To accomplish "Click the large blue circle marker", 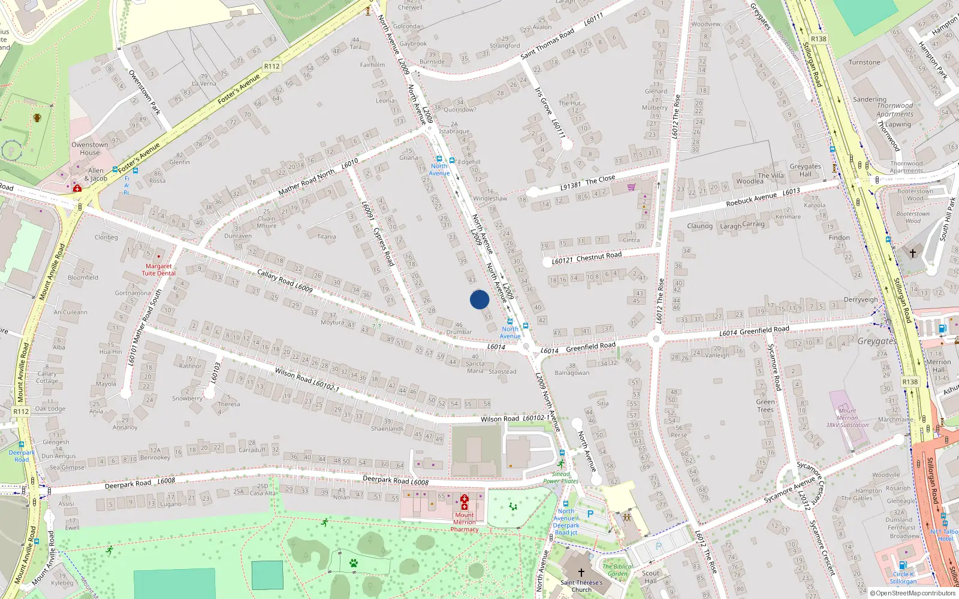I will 479,299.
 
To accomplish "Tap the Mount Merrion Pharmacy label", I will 464,522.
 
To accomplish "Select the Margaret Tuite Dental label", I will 158,270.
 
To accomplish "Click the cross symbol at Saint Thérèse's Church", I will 581,573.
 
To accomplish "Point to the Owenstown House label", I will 90,149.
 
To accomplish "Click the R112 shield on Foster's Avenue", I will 272,66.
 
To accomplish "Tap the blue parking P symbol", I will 590,514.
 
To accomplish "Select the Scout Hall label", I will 650,577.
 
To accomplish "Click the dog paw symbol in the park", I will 354,563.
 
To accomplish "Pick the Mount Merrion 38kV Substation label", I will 847,418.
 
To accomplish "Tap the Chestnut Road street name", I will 599,256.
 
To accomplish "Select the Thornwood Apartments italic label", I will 895,110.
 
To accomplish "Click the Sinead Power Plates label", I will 561,477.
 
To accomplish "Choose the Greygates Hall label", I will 805,170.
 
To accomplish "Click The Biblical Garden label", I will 617,570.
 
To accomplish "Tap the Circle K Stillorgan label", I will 903,577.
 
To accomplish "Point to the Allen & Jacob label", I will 96,174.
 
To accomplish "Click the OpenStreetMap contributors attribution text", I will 912,594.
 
